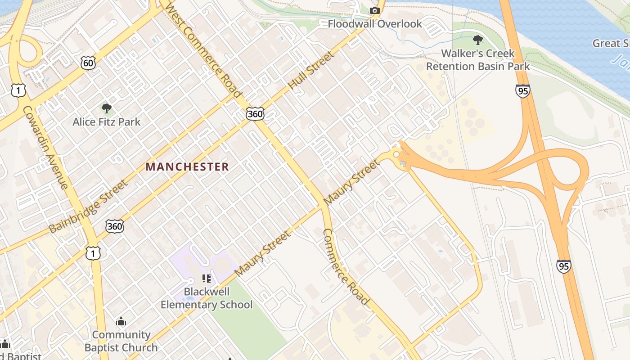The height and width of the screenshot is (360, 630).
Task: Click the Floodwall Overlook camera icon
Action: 374,11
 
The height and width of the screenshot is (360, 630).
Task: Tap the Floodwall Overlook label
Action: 374,24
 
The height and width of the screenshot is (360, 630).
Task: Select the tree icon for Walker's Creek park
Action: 477,40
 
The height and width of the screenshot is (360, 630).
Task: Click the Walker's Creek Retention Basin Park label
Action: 477,60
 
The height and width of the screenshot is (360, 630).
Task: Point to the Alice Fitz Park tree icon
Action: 107,108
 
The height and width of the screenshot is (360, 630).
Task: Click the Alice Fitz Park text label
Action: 107,122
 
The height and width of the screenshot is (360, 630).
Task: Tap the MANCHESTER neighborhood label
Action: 187,167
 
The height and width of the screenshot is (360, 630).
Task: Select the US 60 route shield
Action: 89,63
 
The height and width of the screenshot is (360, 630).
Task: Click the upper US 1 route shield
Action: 18,90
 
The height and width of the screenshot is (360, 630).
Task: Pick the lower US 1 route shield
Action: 93,253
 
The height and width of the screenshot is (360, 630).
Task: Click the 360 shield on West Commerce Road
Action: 255,114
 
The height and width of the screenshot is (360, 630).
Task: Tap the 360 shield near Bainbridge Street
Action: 115,226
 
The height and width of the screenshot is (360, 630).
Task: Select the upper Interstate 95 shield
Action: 522,91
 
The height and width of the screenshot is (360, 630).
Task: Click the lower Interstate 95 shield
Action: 563,266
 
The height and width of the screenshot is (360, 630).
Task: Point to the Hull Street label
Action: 311,70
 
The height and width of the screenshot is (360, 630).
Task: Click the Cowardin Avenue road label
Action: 46,148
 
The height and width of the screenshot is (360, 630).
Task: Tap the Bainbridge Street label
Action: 88,207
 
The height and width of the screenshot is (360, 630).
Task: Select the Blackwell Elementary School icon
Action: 207,279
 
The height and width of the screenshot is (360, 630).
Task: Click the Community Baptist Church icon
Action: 121,322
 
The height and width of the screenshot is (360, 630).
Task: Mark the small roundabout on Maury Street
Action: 396,154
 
